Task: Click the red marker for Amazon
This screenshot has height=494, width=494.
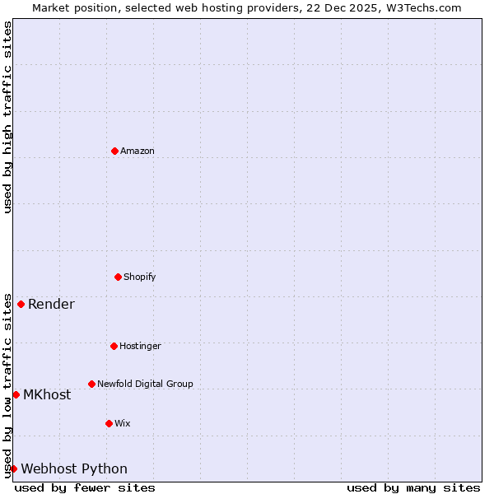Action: pyautogui.click(x=114, y=151)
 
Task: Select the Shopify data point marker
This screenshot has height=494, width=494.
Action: pyautogui.click(x=118, y=277)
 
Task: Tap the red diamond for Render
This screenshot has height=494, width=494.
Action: pyautogui.click(x=21, y=304)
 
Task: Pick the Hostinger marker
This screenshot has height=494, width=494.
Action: pyautogui.click(x=114, y=346)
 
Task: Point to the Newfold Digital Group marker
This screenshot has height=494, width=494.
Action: pyautogui.click(x=91, y=384)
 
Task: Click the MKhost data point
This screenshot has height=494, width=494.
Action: pyautogui.click(x=16, y=394)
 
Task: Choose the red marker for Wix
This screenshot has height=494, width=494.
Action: pyautogui.click(x=109, y=423)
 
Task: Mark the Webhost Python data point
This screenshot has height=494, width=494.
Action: pyautogui.click(x=13, y=468)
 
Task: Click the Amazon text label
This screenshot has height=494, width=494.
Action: pyautogui.click(x=137, y=151)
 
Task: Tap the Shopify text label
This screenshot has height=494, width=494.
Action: pyautogui.click(x=140, y=277)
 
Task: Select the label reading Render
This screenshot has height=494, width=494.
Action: pyautogui.click(x=51, y=304)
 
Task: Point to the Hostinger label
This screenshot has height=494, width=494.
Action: pyautogui.click(x=140, y=346)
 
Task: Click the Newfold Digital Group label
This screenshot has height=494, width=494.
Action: pyautogui.click(x=145, y=384)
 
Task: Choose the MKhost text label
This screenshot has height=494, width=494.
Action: pyautogui.click(x=47, y=394)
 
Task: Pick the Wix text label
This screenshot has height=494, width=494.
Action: pyautogui.click(x=123, y=423)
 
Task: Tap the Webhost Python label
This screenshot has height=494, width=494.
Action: pyautogui.click(x=74, y=468)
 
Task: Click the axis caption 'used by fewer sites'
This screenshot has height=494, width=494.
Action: pyautogui.click(x=85, y=487)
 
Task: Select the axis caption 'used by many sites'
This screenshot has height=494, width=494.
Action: pyautogui.click(x=413, y=487)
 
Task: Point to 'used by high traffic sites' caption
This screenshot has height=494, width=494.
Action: pyautogui.click(x=7, y=117)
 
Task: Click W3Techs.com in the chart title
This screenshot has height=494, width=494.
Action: pyautogui.click(x=422, y=7)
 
